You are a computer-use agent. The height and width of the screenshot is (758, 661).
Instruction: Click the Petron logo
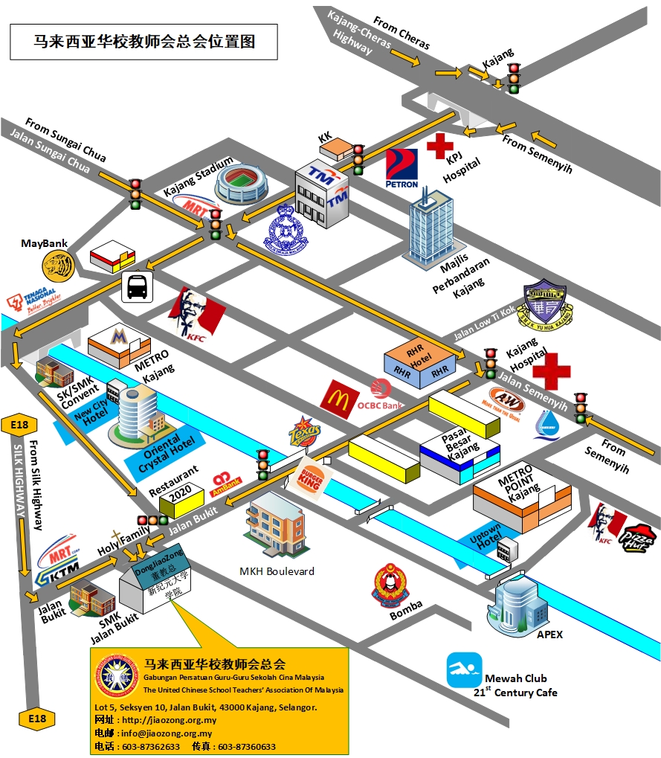coord(402,168)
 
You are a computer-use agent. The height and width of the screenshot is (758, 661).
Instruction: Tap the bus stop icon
coord(137,286)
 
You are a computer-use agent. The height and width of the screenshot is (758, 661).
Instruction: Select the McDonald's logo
coord(340,397)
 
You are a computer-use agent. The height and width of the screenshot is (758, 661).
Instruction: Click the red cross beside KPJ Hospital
coord(439,146)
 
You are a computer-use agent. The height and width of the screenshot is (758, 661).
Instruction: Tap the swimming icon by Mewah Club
coord(464,670)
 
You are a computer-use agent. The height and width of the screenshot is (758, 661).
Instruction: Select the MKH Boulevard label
coord(277,571)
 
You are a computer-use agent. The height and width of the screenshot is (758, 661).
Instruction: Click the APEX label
coord(549,635)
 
